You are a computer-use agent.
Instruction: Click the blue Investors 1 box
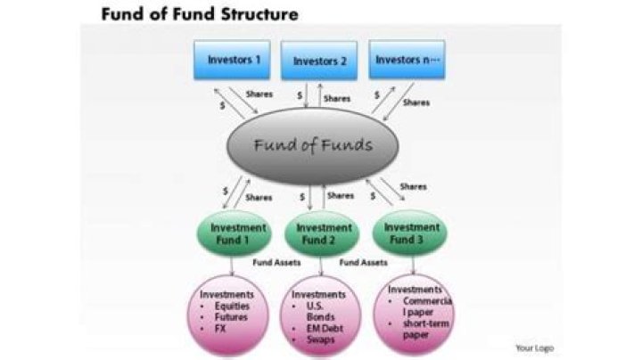pyautogui.click(x=232, y=60)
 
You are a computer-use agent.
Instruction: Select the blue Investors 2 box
pyautogui.click(x=319, y=61)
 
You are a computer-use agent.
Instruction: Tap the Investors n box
pyautogui.click(x=407, y=60)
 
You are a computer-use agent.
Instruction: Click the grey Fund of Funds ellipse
pyautogui.click(x=312, y=146)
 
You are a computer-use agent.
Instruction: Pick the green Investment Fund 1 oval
pyautogui.click(x=235, y=233)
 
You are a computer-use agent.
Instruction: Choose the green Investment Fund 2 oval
pyautogui.click(x=322, y=233)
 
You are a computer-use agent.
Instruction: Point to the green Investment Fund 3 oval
pyautogui.click(x=409, y=233)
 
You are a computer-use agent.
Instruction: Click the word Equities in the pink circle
pyautogui.click(x=232, y=306)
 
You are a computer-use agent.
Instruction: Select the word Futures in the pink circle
pyautogui.click(x=231, y=317)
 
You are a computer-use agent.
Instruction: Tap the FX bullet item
pyautogui.click(x=220, y=329)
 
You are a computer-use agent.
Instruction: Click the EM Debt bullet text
pyautogui.click(x=325, y=329)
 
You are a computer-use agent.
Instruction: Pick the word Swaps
pyautogui.click(x=320, y=340)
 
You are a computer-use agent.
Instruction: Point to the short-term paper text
pyautogui.click(x=426, y=329)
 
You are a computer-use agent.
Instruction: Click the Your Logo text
pyautogui.click(x=534, y=348)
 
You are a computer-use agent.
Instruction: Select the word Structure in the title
pyautogui.click(x=259, y=14)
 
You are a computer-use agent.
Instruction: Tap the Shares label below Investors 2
pyautogui.click(x=337, y=99)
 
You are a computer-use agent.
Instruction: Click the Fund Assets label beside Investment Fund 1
pyautogui.click(x=276, y=263)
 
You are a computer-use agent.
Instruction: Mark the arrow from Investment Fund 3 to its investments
pyautogui.click(x=413, y=266)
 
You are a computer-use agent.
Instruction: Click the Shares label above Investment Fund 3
pyautogui.click(x=413, y=187)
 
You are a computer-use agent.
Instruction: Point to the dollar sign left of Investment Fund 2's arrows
pyautogui.click(x=302, y=197)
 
